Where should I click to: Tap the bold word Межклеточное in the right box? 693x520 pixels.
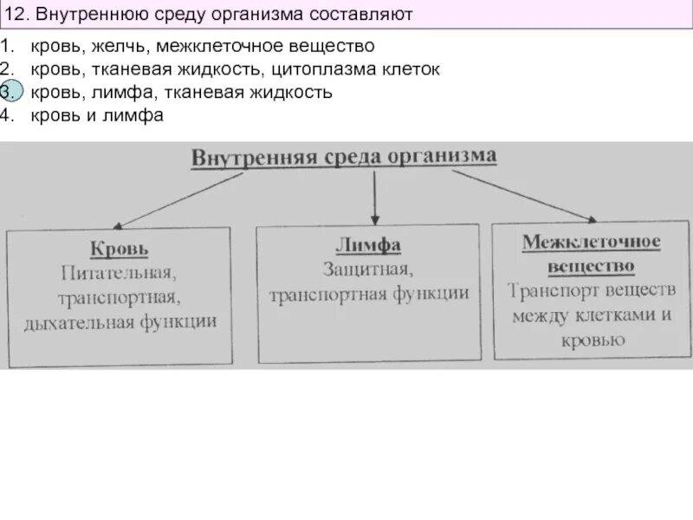click(591, 242)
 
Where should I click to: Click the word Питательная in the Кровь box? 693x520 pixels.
click(120, 275)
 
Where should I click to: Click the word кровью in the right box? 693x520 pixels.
click(593, 340)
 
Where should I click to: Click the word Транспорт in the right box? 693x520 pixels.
click(551, 289)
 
